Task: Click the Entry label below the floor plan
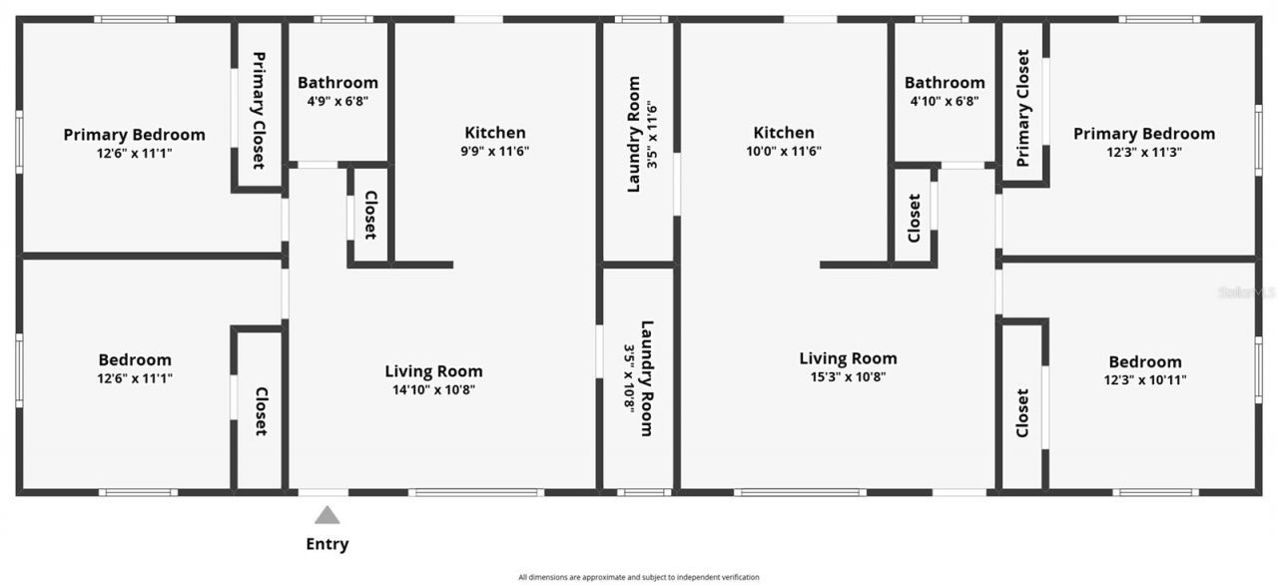[x=327, y=544]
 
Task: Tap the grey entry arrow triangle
[x=327, y=515]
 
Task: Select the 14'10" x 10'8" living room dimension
[x=433, y=390]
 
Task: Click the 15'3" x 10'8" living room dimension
[x=848, y=377]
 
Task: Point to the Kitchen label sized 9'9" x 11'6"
[x=494, y=133]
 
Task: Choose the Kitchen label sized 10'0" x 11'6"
[x=784, y=133]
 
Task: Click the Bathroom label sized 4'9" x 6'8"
[x=337, y=83]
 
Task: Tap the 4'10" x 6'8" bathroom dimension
[x=945, y=101]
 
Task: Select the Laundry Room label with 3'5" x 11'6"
[x=634, y=134]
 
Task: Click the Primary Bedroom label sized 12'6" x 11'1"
[x=134, y=135]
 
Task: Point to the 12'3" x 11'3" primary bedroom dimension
[x=1144, y=152]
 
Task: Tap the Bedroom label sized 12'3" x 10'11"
[x=1144, y=361]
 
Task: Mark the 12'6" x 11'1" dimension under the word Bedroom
[x=134, y=378]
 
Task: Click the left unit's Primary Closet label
[x=259, y=110]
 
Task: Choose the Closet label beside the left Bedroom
[x=261, y=411]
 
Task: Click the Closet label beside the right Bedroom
[x=1022, y=411]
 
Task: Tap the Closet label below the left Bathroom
[x=369, y=216]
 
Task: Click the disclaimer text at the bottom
[x=639, y=577]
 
